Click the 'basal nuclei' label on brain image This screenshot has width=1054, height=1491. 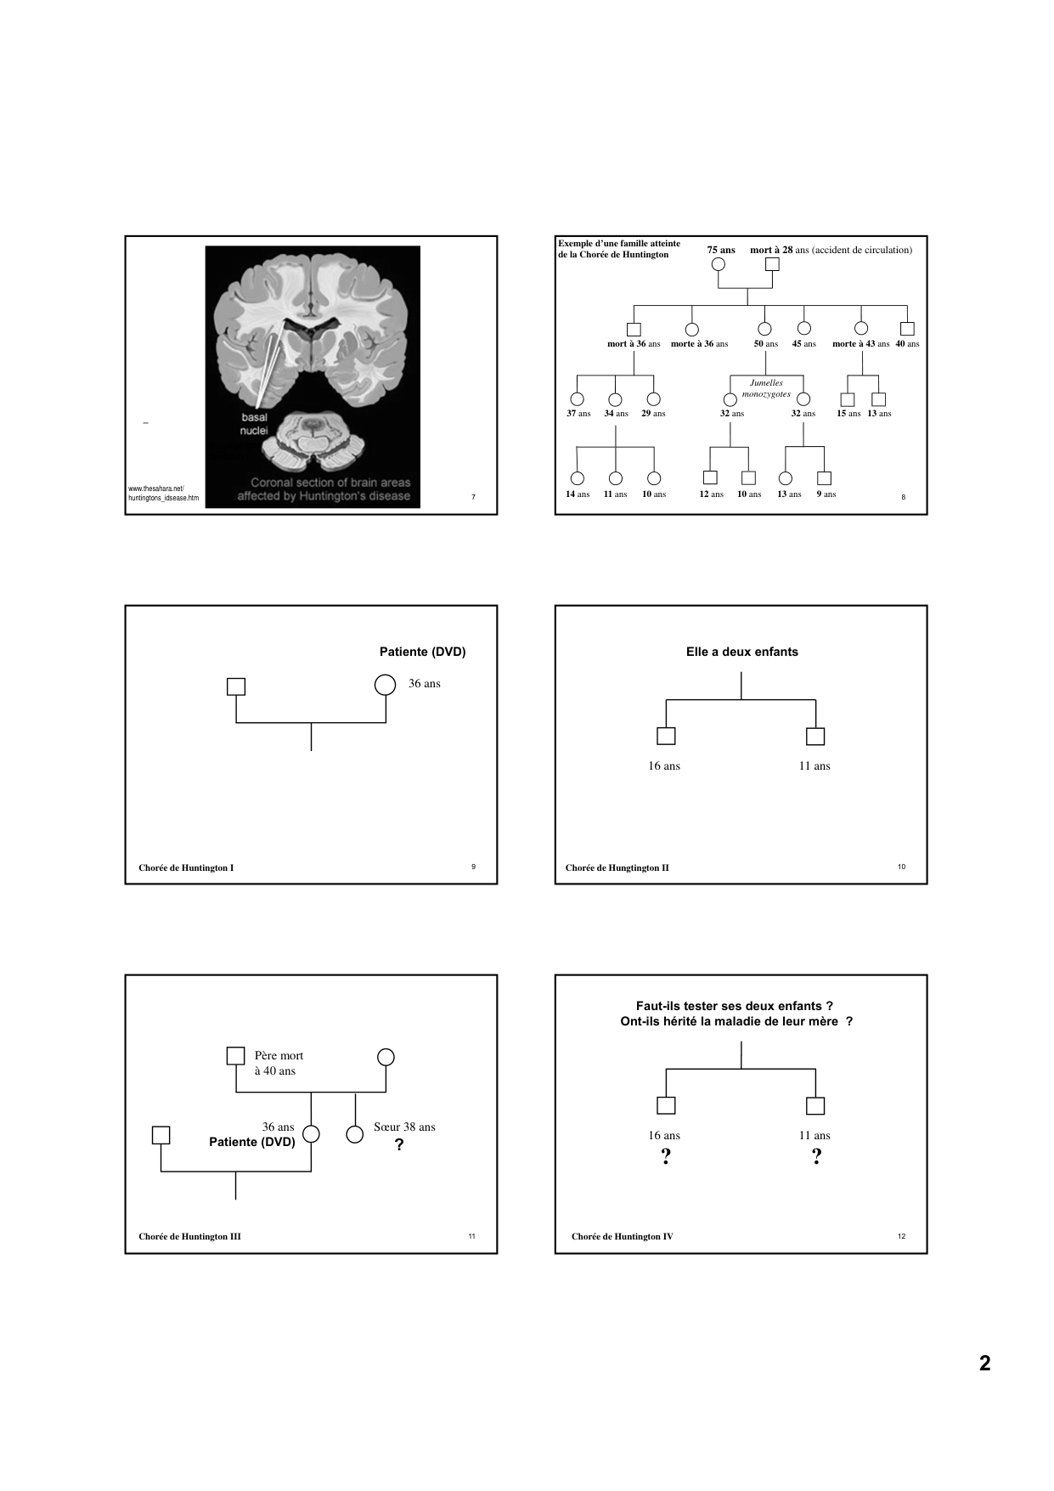tap(254, 424)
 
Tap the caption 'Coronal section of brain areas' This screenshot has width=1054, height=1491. tap(330, 483)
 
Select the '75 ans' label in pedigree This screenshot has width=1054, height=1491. tap(721, 250)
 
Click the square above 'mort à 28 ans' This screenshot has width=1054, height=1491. tap(772, 264)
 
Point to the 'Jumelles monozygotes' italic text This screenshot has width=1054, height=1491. tap(766, 388)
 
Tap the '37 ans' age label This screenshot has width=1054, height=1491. tap(578, 414)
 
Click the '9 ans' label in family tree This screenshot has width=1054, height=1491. tap(826, 494)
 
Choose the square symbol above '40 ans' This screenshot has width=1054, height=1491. tap(907, 329)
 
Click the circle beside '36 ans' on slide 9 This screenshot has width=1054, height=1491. tap(385, 685)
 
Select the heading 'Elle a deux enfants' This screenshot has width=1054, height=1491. tap(741, 652)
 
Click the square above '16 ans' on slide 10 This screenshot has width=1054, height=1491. tap(666, 737)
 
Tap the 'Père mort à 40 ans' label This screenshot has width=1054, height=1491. tap(278, 1063)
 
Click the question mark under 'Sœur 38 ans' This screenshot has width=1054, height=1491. tap(399, 1145)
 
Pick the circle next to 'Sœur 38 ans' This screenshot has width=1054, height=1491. tap(355, 1134)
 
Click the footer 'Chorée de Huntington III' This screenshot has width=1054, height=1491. tap(189, 1236)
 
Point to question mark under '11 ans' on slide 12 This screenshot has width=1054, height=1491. tap(816, 1156)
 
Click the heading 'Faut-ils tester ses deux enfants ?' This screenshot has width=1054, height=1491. tap(734, 1006)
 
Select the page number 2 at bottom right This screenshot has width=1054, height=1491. tap(984, 1364)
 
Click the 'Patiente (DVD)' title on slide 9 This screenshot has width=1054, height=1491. tap(422, 652)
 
